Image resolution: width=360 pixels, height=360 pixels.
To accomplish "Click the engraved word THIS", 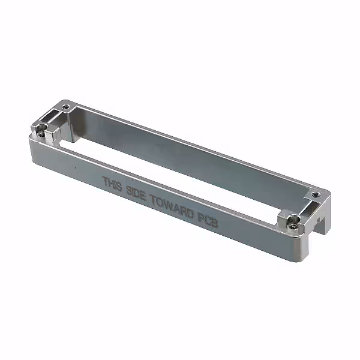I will [x=112, y=183].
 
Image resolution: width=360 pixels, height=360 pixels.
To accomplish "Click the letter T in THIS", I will [x=105, y=180].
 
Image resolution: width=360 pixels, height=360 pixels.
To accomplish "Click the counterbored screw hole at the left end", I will [x=41, y=134].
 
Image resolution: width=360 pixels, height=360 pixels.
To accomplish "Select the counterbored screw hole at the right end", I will [x=292, y=225].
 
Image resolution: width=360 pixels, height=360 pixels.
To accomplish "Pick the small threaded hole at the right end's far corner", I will [x=314, y=195].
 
